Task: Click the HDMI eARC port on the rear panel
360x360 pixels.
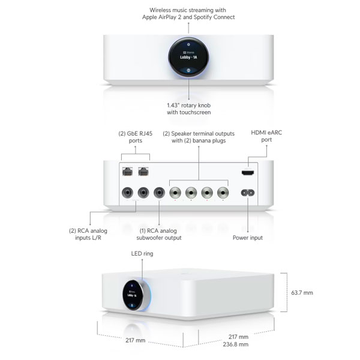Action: (247, 173)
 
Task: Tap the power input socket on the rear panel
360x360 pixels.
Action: (247, 193)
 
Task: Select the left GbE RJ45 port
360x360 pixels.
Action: (128, 171)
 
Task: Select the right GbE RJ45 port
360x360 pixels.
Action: (143, 171)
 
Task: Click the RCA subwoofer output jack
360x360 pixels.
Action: (159, 193)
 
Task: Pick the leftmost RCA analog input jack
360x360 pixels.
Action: (127, 193)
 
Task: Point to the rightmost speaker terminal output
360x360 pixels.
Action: (223, 193)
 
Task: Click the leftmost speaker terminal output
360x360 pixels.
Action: (175, 193)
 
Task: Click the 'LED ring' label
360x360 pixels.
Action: (142, 254)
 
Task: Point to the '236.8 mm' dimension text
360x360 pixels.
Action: (236, 344)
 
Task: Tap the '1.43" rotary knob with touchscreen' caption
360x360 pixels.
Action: (189, 108)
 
